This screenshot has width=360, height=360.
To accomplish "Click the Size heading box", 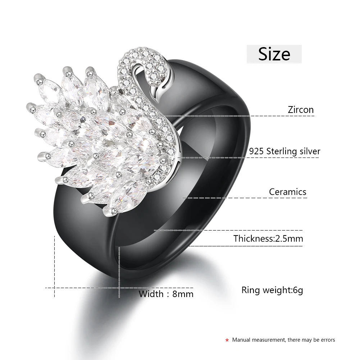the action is (274, 54).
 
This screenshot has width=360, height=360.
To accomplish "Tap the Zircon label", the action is (301, 109).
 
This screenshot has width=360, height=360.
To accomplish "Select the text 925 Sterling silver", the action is (284, 151).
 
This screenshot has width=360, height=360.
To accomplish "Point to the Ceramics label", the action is (288, 192).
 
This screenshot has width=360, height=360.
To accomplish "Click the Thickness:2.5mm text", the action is (268, 238).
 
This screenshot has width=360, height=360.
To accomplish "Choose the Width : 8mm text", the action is (166, 294).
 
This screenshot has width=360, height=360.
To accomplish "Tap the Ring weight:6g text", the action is (272, 290).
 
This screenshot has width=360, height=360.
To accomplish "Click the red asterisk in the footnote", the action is (227, 340).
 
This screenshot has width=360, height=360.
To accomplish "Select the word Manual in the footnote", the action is (241, 340).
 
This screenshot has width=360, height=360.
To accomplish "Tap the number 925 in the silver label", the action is (256, 151).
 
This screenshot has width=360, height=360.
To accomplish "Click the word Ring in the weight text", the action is (250, 290).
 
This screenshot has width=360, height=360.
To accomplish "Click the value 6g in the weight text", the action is (298, 290).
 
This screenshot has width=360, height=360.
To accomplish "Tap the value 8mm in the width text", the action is (183, 294).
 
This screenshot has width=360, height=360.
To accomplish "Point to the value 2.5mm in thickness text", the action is (289, 238).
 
